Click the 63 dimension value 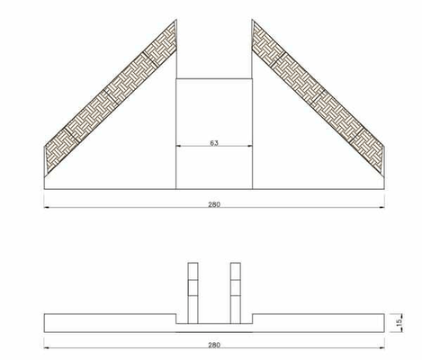(x=214, y=143)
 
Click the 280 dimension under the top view (x=214, y=204)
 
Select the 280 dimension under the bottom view (x=214, y=345)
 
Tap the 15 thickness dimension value (x=399, y=323)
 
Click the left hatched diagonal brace (x=111, y=96)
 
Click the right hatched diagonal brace (x=319, y=96)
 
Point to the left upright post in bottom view (x=193, y=293)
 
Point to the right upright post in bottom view (x=236, y=293)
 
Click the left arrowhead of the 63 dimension (x=178, y=146)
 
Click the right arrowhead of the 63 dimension (x=250, y=146)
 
